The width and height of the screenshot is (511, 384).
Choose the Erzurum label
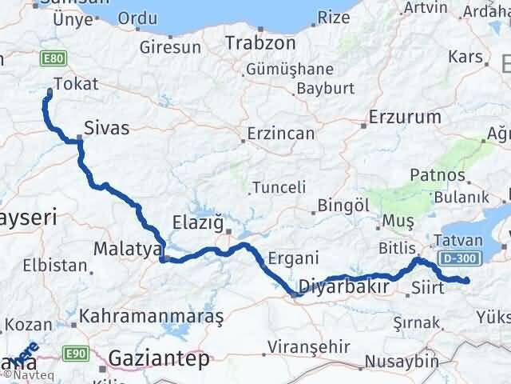click(x=405, y=117)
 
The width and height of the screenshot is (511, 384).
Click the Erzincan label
click(x=280, y=133)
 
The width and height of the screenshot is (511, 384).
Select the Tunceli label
click(x=279, y=188)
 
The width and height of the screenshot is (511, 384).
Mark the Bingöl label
click(x=343, y=206)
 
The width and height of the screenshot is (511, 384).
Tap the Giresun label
click(x=170, y=46)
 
